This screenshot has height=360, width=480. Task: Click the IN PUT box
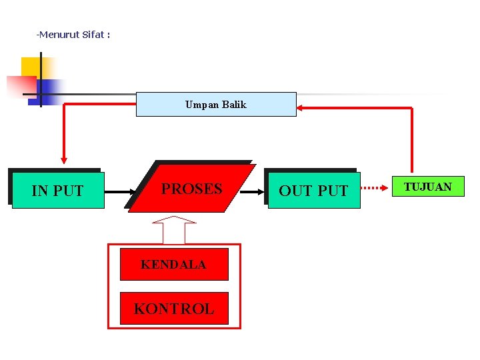[58, 191]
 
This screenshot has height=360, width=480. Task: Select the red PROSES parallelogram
[191, 189]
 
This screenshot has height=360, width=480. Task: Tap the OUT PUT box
[313, 191]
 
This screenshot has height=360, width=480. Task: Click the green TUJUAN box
[428, 187]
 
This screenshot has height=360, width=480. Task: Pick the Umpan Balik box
[216, 105]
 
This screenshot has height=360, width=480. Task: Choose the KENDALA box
[173, 265]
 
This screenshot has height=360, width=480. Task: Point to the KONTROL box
[173, 309]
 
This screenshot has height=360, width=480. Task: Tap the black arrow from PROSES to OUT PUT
[252, 191]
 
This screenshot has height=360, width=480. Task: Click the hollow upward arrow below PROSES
[174, 229]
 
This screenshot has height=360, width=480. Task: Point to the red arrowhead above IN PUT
[64, 159]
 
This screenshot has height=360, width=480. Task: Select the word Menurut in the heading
[59, 35]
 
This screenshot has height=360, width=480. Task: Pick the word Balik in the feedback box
[234, 105]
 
